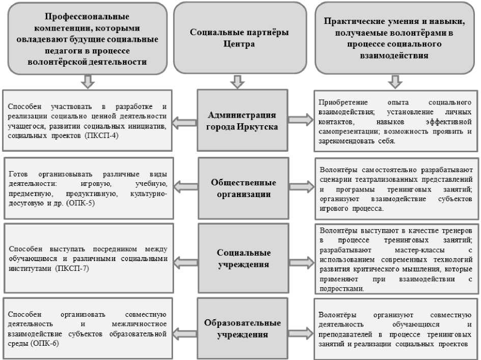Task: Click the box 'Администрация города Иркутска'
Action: [242, 121]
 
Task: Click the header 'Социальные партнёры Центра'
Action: [239, 38]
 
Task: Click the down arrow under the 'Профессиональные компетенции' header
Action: [88, 81]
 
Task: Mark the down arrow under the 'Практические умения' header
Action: [393, 81]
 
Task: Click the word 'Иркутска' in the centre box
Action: [258, 127]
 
